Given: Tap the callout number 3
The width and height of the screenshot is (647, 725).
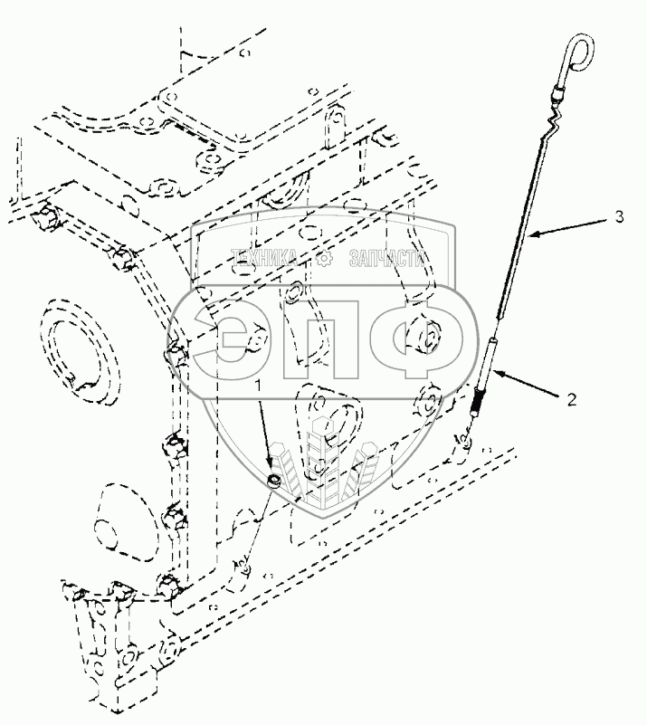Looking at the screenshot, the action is point(618,216).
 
